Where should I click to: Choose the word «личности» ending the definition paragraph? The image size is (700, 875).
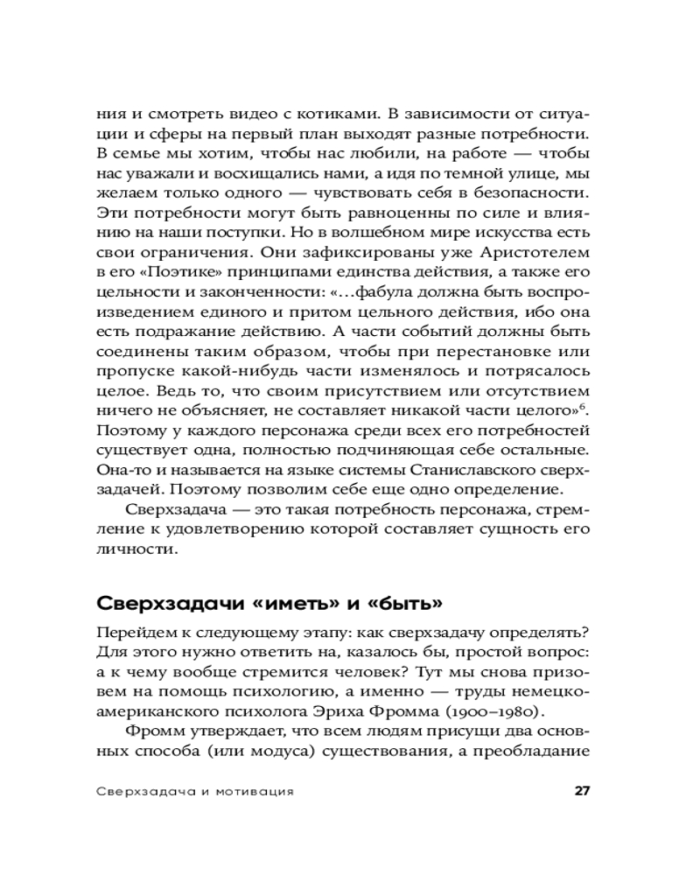pos(135,550)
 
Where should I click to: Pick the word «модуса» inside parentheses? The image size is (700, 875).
pos(314,753)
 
